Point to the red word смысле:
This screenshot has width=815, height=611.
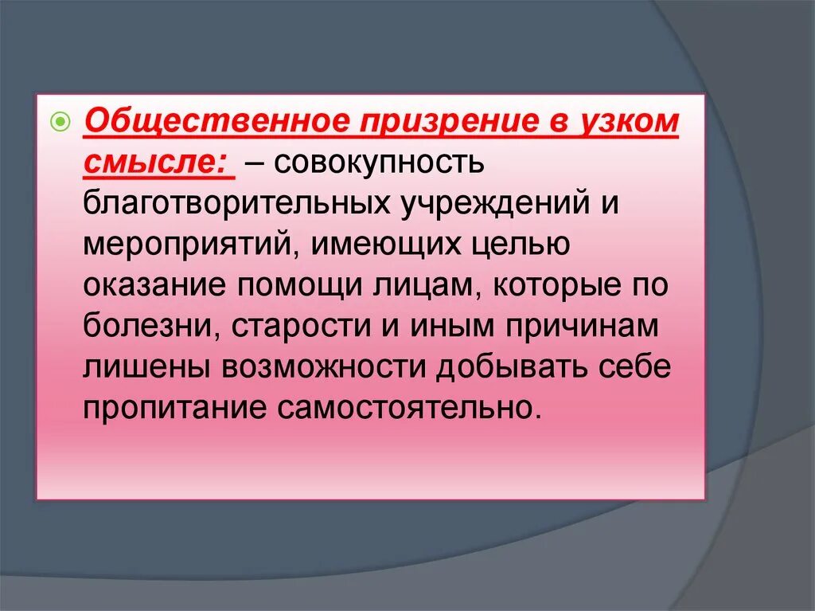[x=155, y=163]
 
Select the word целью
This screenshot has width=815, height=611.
[x=521, y=244]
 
